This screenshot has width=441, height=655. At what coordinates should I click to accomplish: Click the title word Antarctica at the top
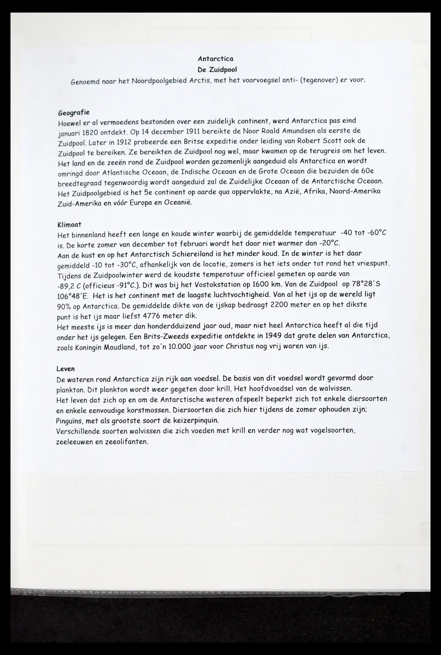tap(216, 59)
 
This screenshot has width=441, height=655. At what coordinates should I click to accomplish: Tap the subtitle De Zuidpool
tap(217, 69)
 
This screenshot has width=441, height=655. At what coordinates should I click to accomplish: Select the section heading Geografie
tap(74, 113)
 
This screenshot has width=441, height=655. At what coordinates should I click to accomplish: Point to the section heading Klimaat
tap(69, 224)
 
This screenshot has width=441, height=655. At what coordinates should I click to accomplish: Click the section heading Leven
tap(66, 369)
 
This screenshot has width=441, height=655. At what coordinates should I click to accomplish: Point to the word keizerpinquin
tap(196, 421)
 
